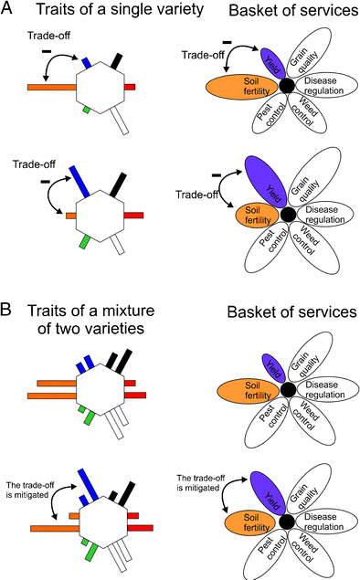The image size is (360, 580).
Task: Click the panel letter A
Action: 9,11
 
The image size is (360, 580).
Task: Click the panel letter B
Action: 9,312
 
